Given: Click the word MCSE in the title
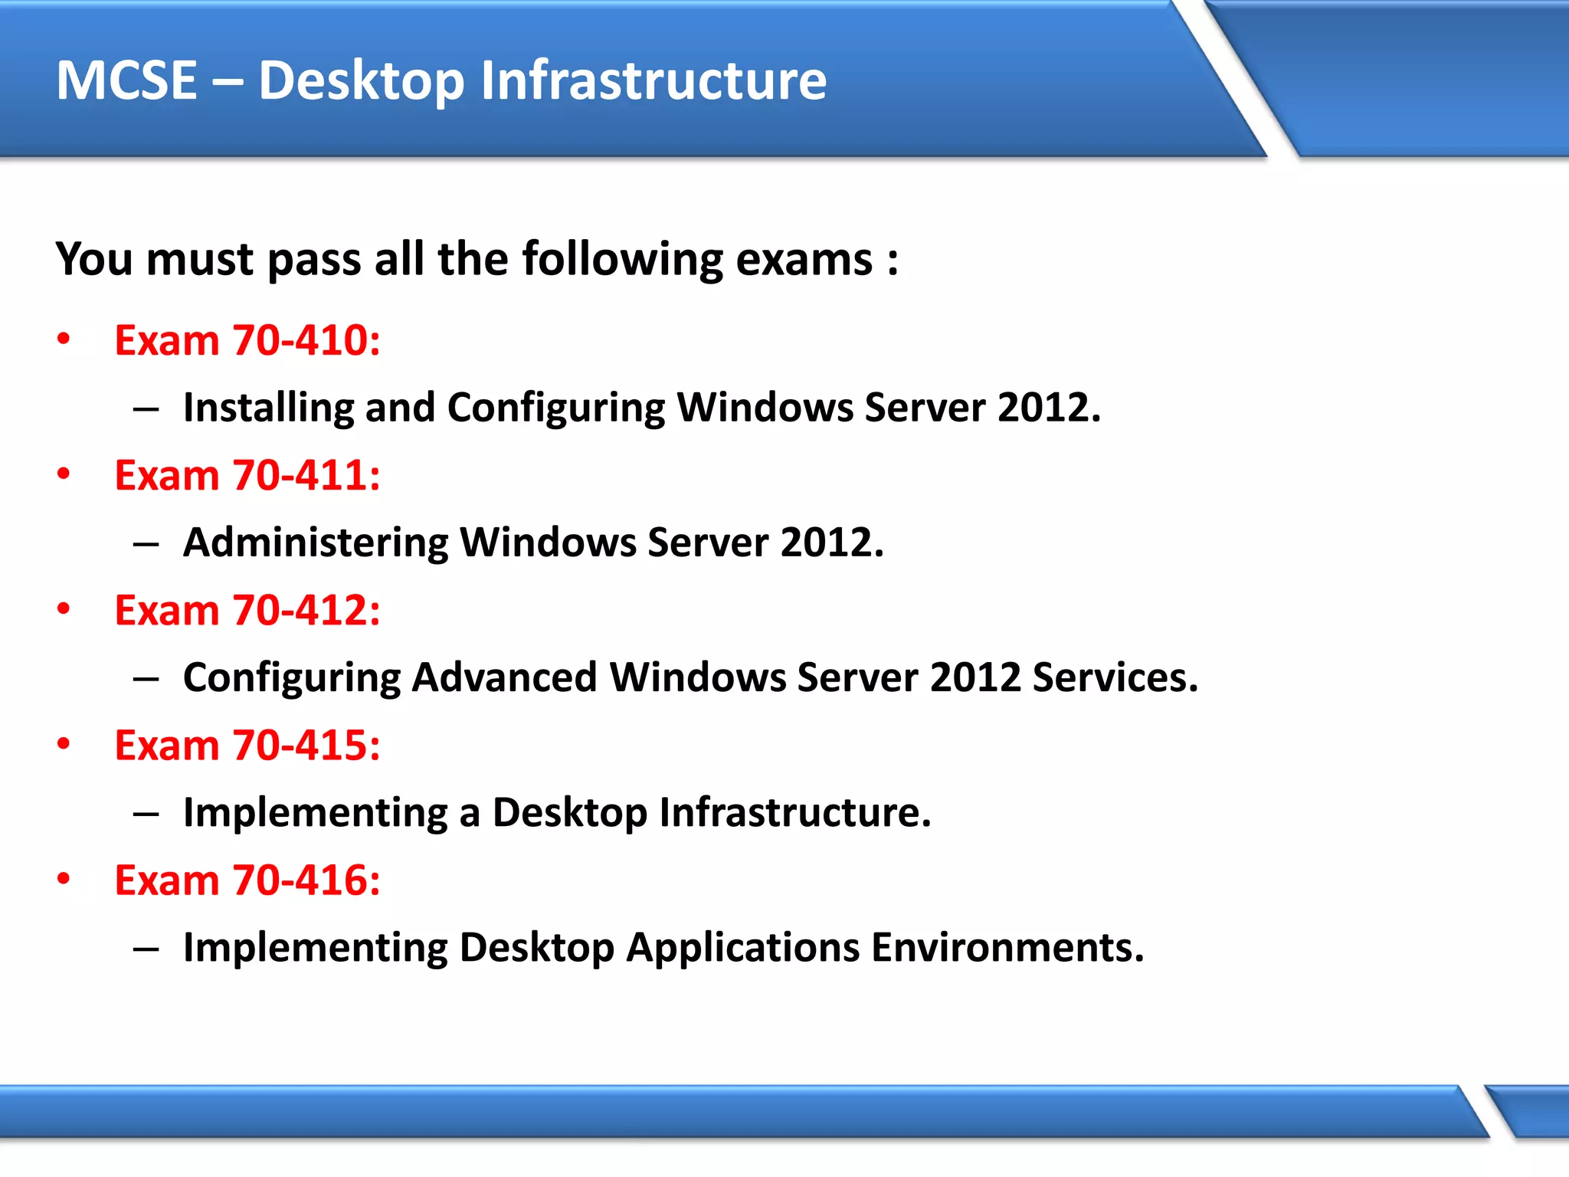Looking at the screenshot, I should tap(127, 80).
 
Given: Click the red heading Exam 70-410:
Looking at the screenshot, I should tap(247, 340).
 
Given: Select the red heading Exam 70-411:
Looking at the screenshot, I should tap(247, 475).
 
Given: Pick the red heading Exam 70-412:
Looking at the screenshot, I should tap(247, 610).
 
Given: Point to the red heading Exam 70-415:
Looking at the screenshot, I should tap(247, 745).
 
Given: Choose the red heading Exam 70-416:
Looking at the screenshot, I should tap(247, 880).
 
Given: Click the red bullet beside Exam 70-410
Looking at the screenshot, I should tap(64, 339).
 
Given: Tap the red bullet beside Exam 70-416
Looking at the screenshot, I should tap(64, 878).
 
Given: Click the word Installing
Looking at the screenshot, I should tap(268, 408).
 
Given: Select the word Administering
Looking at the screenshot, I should tap(315, 543).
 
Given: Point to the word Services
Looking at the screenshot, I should tap(1115, 677).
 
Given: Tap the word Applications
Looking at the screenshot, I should tap(742, 948).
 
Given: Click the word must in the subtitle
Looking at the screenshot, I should tap(200, 260).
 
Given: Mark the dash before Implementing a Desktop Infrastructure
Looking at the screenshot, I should tap(146, 814).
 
